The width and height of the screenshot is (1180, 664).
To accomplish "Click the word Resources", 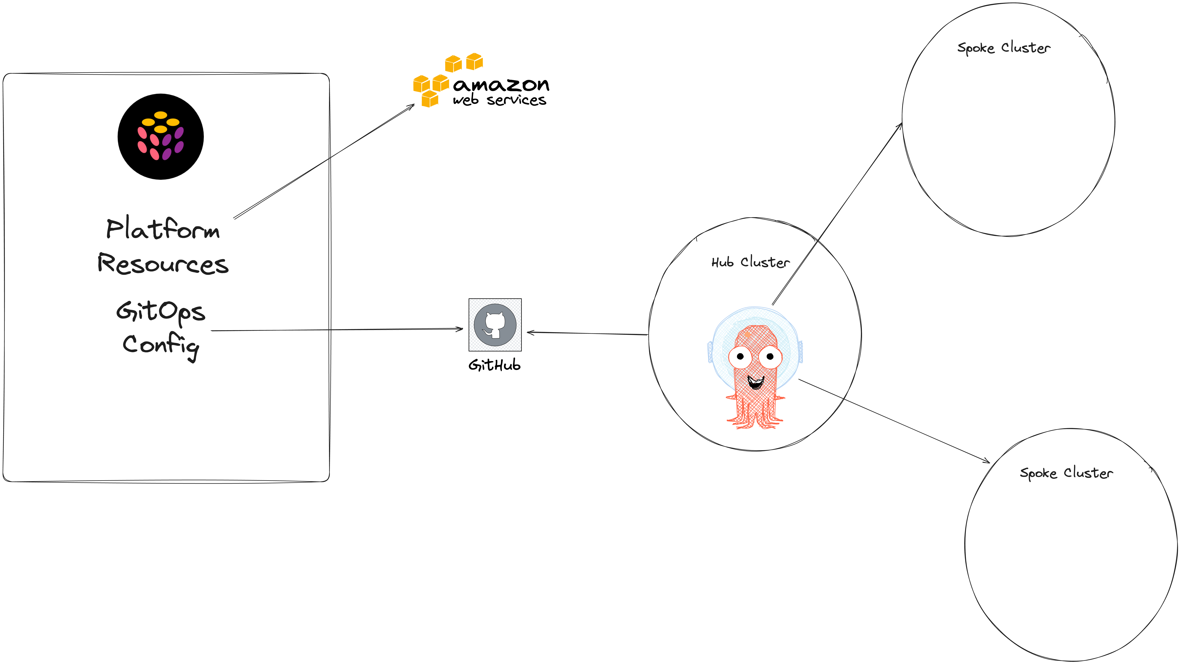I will pos(163,264).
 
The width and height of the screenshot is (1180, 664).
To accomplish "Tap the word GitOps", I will pos(160,311).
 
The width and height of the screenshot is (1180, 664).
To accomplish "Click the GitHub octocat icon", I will pos(495,325).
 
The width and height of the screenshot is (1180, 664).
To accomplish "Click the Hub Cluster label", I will pos(750,262).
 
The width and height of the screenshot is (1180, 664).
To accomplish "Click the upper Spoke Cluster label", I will pos(1004,48).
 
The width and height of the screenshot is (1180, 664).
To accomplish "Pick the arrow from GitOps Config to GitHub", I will pos(337,330).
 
